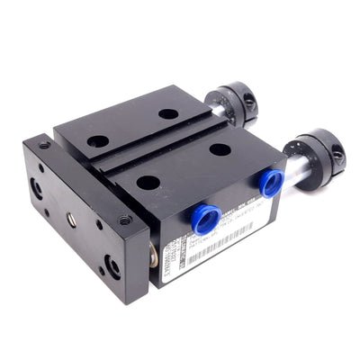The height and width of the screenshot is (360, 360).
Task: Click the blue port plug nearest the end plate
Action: coord(202,215)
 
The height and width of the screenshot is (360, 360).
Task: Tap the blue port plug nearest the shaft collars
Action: coord(269,183)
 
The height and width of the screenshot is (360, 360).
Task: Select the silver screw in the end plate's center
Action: coord(71,219)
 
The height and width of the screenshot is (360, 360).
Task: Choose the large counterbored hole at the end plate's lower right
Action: coord(112,265)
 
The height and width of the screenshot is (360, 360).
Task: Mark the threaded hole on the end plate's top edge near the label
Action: coord(124,219)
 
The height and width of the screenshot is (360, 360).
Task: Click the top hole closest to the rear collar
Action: coord(168,114)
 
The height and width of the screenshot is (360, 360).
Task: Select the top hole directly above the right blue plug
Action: coord(220,149)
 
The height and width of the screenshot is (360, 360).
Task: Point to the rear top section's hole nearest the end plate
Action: coord(98,141)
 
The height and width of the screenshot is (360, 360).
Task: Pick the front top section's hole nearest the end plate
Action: coord(148,183)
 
